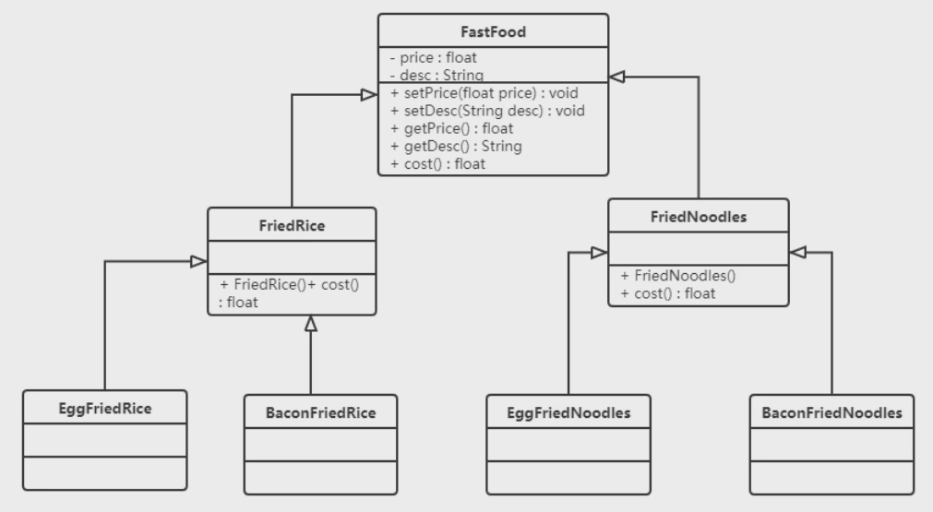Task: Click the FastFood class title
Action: [x=493, y=31]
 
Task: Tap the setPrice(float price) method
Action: [x=484, y=93]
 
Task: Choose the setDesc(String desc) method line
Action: [x=487, y=111]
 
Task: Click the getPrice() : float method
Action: [x=446, y=128]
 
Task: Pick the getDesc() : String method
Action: [x=450, y=146]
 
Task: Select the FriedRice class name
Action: [x=291, y=224]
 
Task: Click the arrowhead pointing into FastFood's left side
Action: [x=368, y=93]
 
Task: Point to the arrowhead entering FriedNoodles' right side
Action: [x=798, y=252]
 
